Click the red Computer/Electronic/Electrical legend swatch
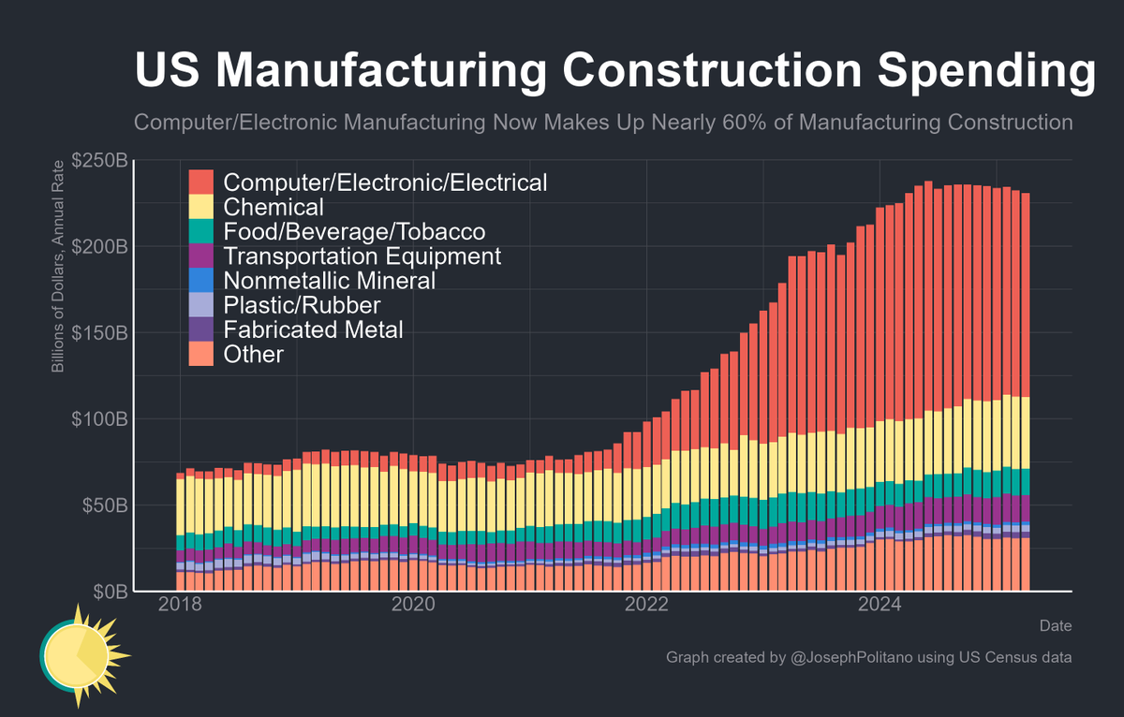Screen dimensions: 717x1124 (x=201, y=182)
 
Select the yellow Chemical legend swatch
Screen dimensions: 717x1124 (x=201, y=206)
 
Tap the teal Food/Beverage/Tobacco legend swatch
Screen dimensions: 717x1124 (x=201, y=231)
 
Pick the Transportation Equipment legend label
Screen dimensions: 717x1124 (x=362, y=256)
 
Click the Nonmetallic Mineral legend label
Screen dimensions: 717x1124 (x=330, y=280)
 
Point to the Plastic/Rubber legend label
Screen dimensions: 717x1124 (x=302, y=305)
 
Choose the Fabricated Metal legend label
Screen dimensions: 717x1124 (x=314, y=329)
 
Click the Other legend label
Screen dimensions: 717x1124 (x=254, y=354)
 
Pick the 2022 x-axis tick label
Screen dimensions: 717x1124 (x=648, y=604)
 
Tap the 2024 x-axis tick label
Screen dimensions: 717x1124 (x=881, y=604)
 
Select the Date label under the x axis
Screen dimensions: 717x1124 (x=1056, y=625)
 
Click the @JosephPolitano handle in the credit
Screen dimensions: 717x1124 (x=855, y=658)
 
